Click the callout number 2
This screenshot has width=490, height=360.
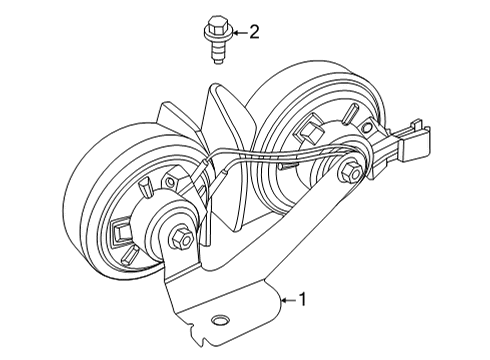click(254, 32)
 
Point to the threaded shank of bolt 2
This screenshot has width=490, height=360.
click(217, 51)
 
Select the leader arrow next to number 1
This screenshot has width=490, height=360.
click(287, 297)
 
